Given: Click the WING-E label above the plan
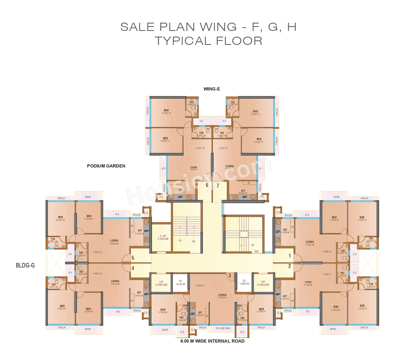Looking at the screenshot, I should point(212,89).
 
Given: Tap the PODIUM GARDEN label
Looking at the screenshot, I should point(106,166).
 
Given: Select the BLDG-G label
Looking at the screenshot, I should point(25,265).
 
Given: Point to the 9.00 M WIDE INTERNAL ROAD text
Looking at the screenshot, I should point(212,341).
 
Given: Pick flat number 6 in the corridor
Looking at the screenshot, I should point(207,185).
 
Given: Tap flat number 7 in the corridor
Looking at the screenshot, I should point(218,185).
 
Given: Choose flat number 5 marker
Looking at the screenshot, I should point(133,258).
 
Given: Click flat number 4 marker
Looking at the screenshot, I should point(133,268).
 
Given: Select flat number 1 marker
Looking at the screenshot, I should point(290,256).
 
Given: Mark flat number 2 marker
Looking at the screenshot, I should point(290,266).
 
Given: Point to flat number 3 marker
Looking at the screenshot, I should point(230,275).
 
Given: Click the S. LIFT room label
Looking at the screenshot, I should point(163,238).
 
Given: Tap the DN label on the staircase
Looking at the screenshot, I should point(194,241).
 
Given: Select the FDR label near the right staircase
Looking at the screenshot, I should point(256,251).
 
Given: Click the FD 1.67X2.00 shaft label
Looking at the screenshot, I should point(180,283).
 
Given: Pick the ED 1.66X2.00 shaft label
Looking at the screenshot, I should point(244,282).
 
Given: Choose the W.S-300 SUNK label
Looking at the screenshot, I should point(223,328).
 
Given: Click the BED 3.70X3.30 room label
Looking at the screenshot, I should point(163,311).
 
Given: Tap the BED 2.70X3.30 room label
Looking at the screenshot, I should point(261,310).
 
